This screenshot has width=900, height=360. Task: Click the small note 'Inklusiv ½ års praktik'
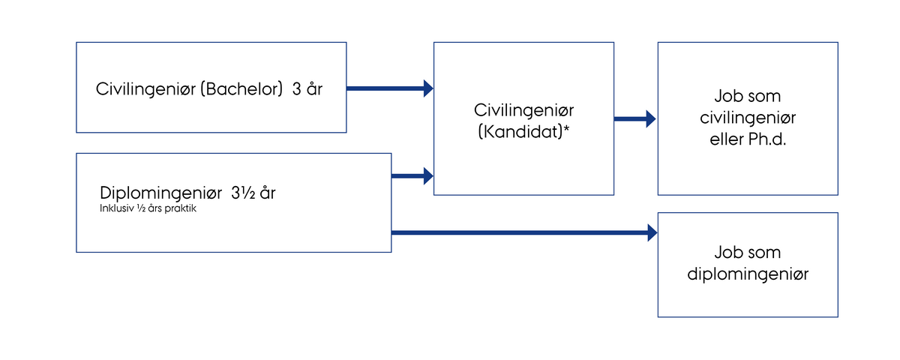[x=148, y=208]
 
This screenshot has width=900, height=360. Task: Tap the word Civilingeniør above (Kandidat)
[x=523, y=109]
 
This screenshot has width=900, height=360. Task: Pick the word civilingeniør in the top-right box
[x=748, y=118]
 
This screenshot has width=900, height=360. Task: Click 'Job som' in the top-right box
[x=748, y=97]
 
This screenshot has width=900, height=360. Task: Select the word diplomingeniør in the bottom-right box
[x=748, y=274]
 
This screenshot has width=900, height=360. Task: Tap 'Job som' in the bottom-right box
[x=748, y=253]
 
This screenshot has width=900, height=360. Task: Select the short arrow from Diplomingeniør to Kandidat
[x=412, y=177]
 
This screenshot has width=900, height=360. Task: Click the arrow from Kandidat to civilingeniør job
[x=634, y=118]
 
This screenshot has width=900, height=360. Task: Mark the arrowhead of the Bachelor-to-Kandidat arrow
[x=428, y=88]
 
